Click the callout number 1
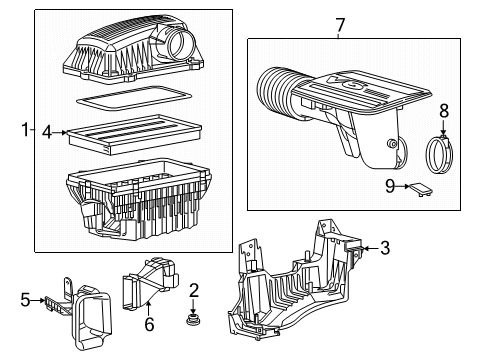point(27,130)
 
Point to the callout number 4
point(47,130)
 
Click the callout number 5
point(27,298)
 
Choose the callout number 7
point(339,24)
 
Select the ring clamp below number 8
point(441,156)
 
